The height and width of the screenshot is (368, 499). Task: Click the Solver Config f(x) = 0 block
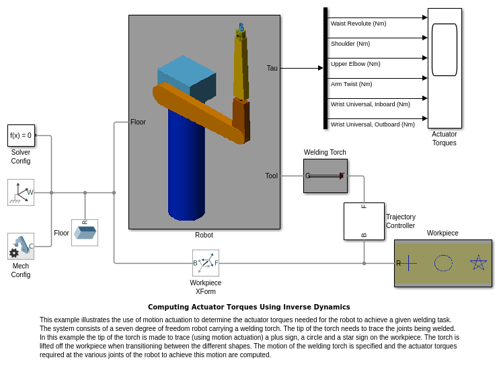[21, 135]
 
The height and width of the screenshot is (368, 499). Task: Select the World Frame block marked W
[21, 192]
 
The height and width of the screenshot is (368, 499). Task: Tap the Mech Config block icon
[21, 246]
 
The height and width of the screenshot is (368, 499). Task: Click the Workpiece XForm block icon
[206, 263]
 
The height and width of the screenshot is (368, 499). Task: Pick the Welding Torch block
[325, 176]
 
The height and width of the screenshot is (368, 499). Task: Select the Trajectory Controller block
[364, 221]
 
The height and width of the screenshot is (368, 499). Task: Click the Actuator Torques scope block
[445, 68]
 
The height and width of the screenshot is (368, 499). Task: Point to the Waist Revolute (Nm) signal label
[358, 24]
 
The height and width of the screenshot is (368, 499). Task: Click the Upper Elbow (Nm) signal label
[356, 64]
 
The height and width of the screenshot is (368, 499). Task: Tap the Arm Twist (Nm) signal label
[352, 84]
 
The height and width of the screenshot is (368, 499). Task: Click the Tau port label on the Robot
[272, 68]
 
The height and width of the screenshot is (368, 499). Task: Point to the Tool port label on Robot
[271, 176]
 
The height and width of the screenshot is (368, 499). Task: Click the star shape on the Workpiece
[478, 263]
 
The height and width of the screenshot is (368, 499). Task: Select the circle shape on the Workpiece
[443, 263]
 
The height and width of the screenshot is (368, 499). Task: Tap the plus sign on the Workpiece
[408, 263]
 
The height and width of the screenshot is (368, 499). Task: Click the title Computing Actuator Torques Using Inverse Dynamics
[249, 307]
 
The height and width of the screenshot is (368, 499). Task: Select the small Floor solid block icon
[85, 233]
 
